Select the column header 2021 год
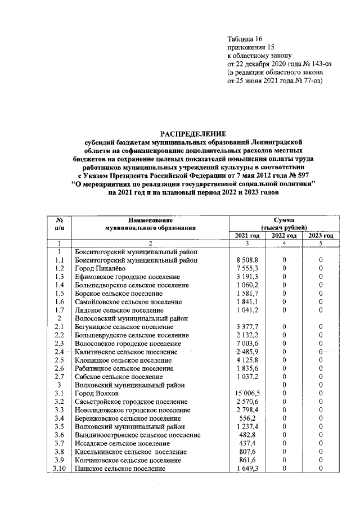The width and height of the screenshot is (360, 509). [246, 236]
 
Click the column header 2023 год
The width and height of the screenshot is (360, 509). [320, 236]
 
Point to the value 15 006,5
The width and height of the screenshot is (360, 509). [246, 394]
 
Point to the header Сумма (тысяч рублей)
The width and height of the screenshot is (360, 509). [283, 224]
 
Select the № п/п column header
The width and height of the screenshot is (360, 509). [59, 224]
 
